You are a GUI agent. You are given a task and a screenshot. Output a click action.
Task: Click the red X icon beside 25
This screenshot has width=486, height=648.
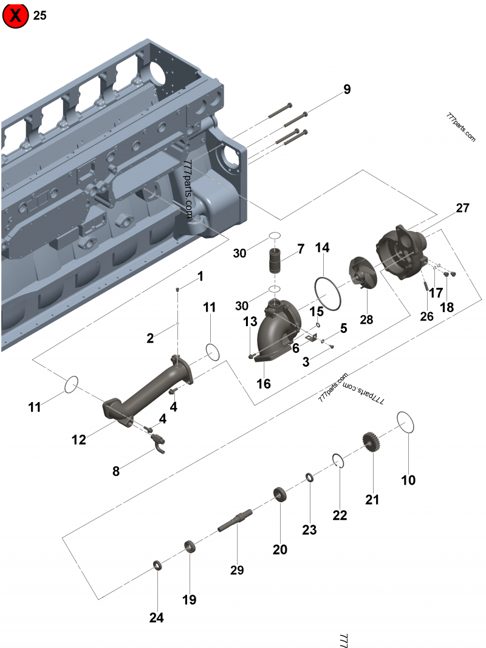16,16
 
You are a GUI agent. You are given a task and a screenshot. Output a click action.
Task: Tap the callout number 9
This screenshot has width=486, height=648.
347,89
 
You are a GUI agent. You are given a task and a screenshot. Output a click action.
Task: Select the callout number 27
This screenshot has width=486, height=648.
462,208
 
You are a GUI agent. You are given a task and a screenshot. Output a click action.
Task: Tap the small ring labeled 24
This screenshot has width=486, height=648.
158,565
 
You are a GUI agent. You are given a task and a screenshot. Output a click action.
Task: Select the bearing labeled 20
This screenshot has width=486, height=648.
280,494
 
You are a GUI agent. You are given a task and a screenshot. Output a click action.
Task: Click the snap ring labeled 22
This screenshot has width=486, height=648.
338,461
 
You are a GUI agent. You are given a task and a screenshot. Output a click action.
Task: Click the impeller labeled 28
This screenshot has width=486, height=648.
362,274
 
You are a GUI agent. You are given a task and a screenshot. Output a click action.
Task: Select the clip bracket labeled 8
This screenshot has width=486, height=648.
159,443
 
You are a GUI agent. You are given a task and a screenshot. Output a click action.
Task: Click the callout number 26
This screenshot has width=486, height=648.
426,316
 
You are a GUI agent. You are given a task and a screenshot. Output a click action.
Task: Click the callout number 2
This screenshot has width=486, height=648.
150,338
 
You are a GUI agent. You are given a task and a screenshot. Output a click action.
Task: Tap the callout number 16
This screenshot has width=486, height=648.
263,384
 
